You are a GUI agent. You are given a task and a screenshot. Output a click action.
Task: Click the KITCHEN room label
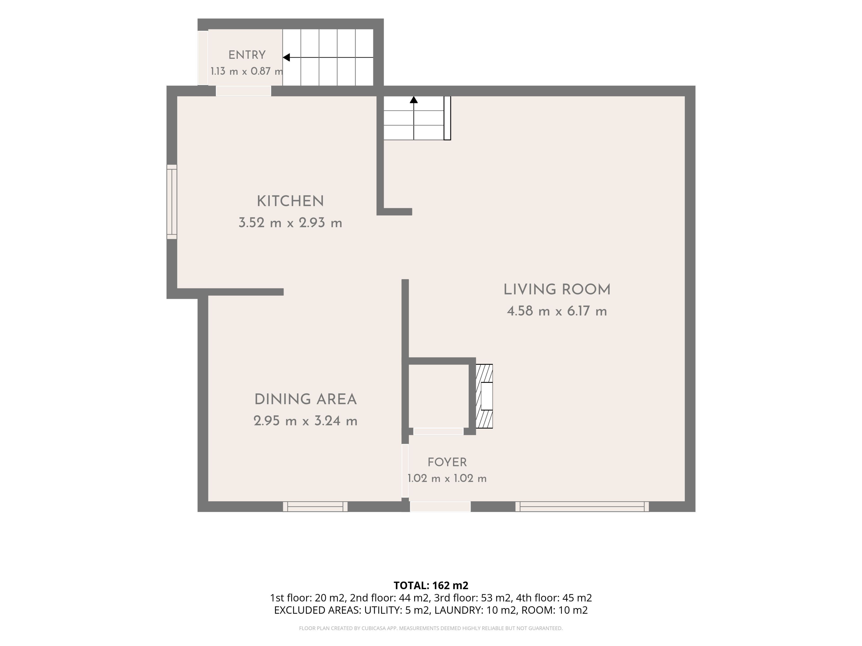pos(290,201)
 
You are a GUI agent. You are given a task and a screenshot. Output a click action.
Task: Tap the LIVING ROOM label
pos(557,290)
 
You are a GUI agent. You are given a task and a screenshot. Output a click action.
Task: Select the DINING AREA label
pos(306,399)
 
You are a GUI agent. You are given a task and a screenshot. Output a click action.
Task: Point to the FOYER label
pos(447,462)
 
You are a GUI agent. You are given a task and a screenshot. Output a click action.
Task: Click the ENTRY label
pos(247,55)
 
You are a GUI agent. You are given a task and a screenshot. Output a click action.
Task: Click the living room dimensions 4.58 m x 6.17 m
pos(557,311)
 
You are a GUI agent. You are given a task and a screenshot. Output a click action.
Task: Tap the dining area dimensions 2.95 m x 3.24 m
pos(306,421)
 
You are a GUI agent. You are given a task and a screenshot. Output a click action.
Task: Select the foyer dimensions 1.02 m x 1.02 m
pos(447,478)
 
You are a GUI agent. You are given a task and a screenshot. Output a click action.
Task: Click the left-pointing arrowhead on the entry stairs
pos(286,58)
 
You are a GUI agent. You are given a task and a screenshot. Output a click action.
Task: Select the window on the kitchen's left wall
pos(172,202)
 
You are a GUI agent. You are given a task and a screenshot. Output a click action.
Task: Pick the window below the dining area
pos(315,507)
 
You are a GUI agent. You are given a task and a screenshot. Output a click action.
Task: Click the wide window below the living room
pos(582,507)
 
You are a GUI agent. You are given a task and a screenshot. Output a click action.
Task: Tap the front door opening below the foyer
pos(440,507)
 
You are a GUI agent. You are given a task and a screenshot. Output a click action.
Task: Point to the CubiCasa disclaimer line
pos(431,628)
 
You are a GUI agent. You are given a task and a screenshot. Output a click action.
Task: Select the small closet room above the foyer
pos(438,396)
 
